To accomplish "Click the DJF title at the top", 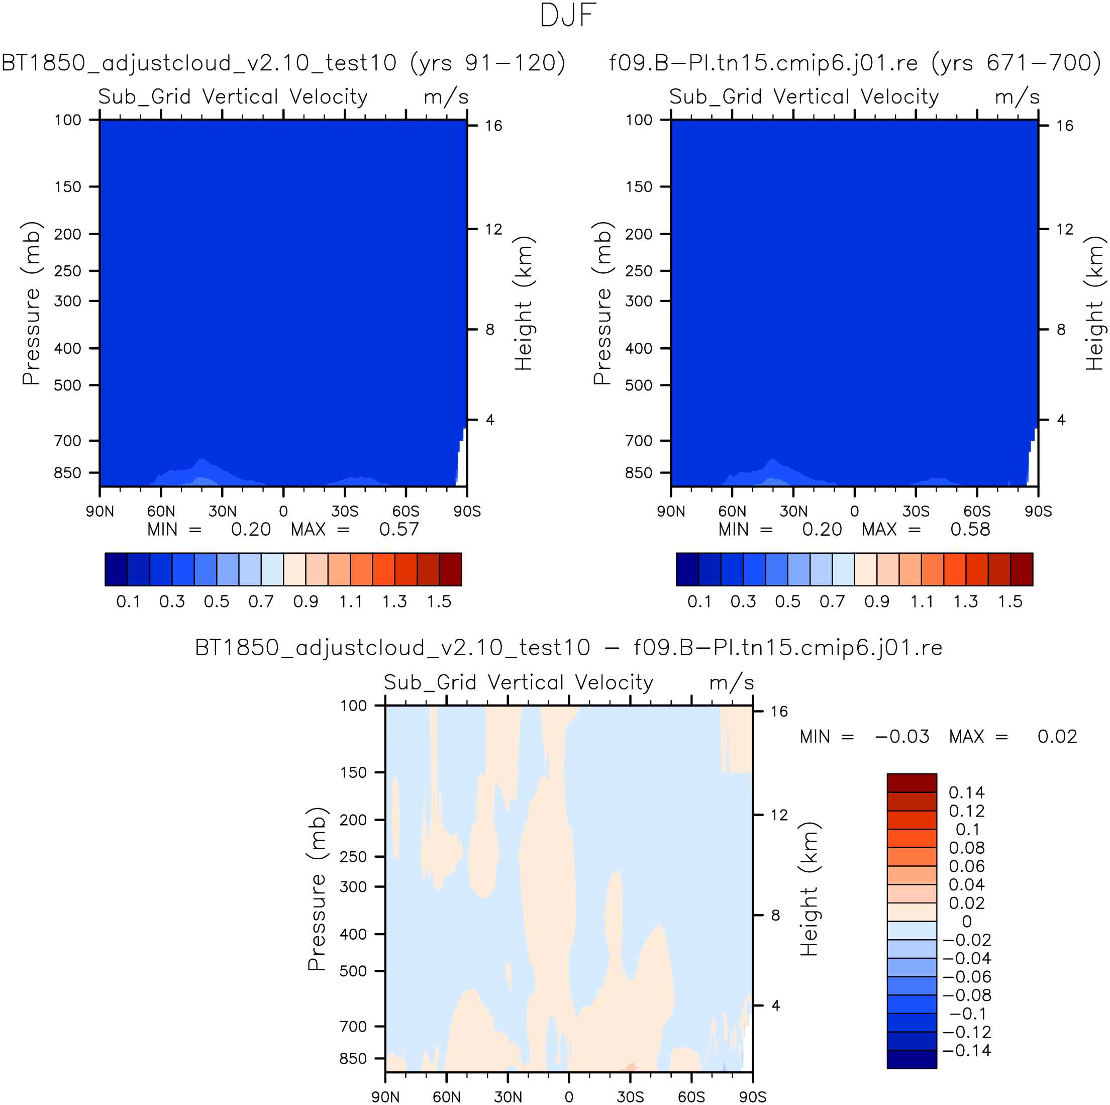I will point(568,16).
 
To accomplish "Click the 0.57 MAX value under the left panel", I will point(399,529).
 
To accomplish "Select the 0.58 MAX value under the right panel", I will point(970,529).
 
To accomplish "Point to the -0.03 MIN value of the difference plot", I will point(902,737).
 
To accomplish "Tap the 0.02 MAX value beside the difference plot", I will point(1057,737).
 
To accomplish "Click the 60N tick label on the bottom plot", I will point(446,1096).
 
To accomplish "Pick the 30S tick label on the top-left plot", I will point(345,512).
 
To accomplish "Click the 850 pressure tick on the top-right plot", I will point(639,473).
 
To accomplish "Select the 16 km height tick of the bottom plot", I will point(779,712).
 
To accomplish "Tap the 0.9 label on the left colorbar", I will point(306,601).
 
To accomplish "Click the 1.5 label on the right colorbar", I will point(1010,601).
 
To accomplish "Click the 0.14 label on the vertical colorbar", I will point(966,792).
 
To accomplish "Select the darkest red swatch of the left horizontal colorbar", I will point(450,569).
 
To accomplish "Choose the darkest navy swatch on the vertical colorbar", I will point(912,1059).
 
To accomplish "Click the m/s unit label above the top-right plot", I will point(1017,96).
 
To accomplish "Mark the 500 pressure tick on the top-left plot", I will point(68,385).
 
